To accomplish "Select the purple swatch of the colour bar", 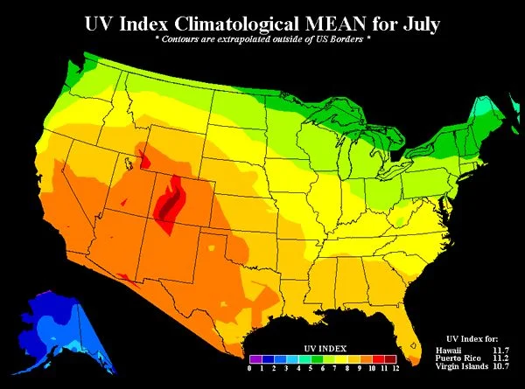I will click(x=255, y=358).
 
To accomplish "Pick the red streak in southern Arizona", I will click(x=126, y=276).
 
